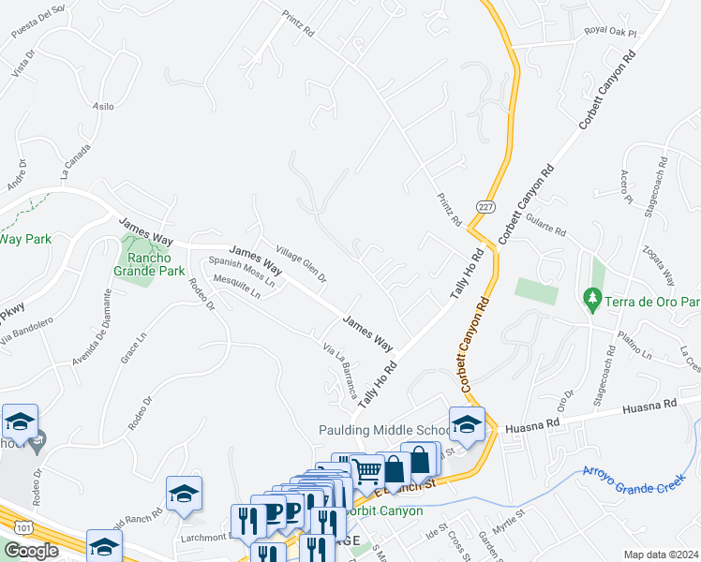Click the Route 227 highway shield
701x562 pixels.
click(x=485, y=206)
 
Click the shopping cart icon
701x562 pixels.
click(x=368, y=471)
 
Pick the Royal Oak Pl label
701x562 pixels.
click(x=609, y=31)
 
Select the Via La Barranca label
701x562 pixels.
click(x=340, y=370)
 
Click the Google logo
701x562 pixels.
click(x=31, y=550)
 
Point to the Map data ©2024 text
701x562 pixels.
click(x=662, y=555)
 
